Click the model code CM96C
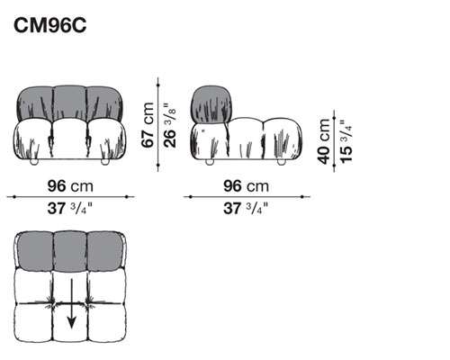(50, 25)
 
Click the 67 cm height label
(148, 125)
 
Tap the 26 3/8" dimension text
(170, 125)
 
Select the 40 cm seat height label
(324, 141)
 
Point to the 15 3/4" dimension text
(346, 142)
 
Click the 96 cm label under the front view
(70, 186)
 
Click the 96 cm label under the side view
(246, 186)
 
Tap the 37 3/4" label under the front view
(70, 208)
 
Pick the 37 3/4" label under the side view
(246, 208)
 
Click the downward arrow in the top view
(71, 303)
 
